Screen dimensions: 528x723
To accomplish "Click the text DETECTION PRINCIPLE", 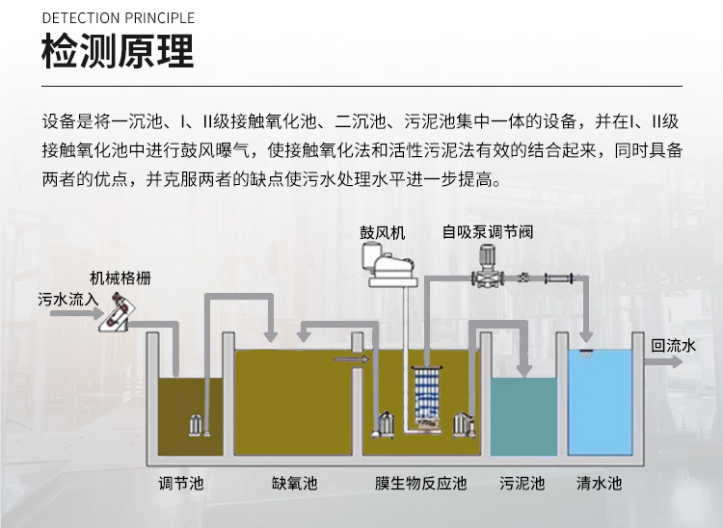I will pyautogui.click(x=118, y=18).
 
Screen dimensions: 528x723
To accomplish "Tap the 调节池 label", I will pyautogui.click(x=181, y=483).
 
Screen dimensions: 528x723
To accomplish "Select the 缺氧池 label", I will pyautogui.click(x=294, y=483).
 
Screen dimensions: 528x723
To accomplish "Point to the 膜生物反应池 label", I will pyautogui.click(x=420, y=483).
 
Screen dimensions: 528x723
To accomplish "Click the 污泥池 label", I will pyautogui.click(x=522, y=483).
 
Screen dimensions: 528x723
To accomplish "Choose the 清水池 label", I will pyautogui.click(x=599, y=483).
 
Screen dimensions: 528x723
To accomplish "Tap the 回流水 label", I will pyautogui.click(x=673, y=345).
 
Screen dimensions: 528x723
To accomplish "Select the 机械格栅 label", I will pyautogui.click(x=120, y=277).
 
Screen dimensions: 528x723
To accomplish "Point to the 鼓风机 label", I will pyautogui.click(x=383, y=232).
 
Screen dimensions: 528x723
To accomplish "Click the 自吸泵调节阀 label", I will pyautogui.click(x=488, y=232).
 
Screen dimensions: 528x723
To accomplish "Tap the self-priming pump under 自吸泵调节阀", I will pyautogui.click(x=487, y=266).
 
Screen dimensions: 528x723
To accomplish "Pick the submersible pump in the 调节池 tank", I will pyautogui.click(x=196, y=426).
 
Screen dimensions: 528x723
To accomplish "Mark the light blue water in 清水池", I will pyautogui.click(x=599, y=405).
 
